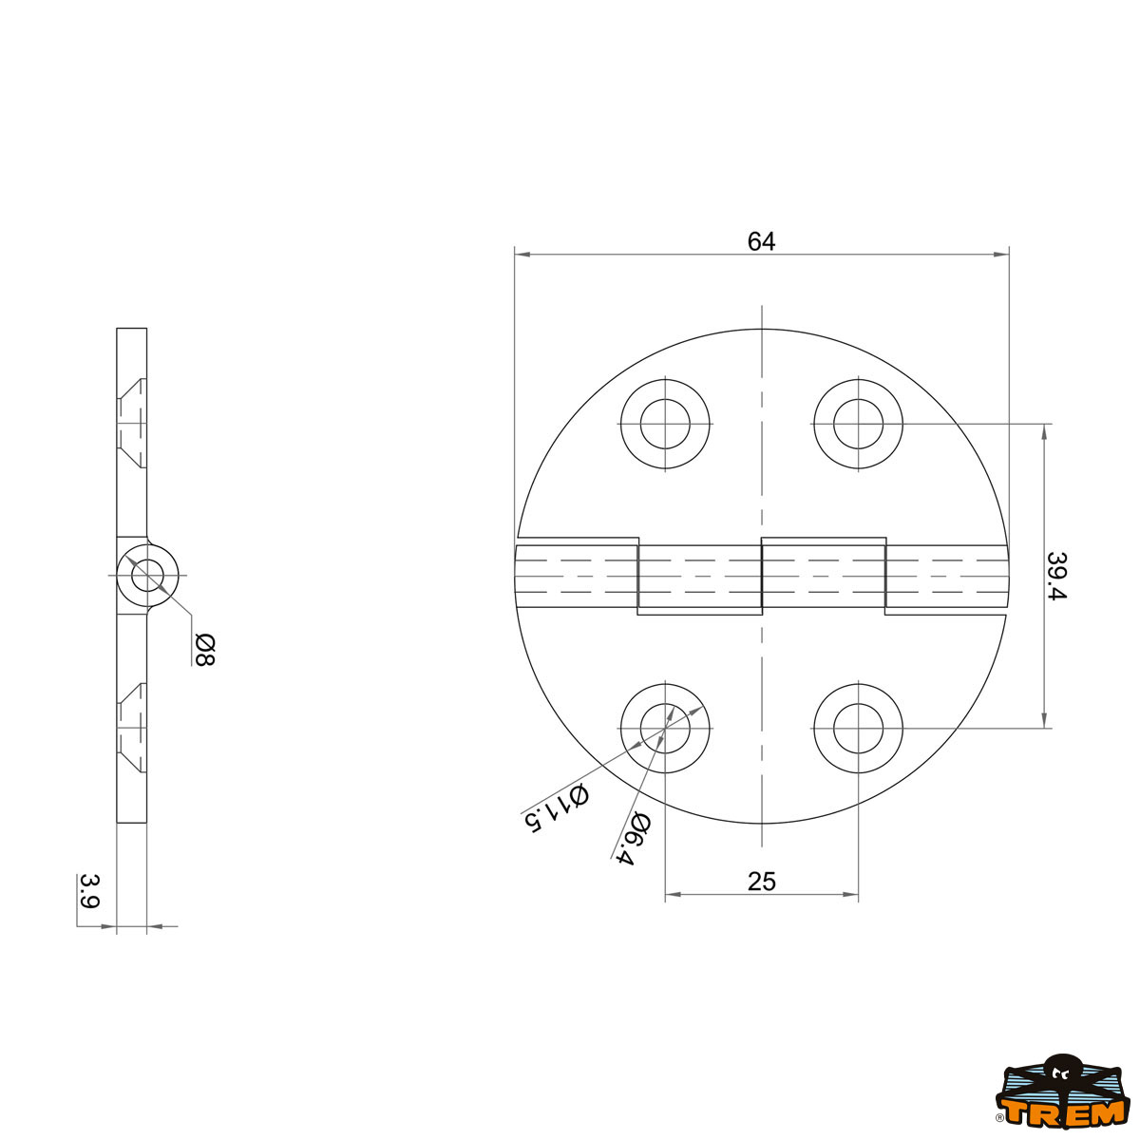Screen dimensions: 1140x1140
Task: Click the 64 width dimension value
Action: [761, 241]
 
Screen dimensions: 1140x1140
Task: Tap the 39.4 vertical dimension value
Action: [1056, 576]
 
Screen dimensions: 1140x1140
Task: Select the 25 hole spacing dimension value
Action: [761, 882]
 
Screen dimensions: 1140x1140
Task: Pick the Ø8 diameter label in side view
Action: [204, 650]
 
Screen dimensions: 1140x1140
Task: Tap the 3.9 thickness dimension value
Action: [90, 891]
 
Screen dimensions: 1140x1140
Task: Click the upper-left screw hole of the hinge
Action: [665, 424]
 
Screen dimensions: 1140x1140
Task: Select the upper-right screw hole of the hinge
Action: [858, 424]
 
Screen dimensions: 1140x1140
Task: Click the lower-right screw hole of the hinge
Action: [858, 729]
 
